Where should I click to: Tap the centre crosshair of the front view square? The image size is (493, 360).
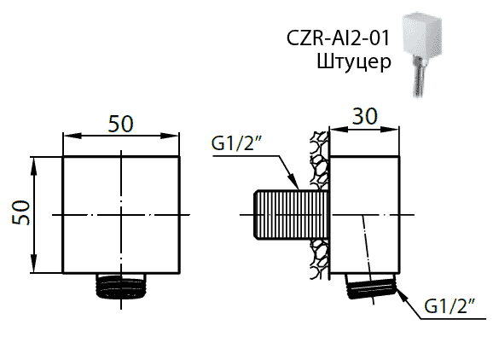[x=123, y=213]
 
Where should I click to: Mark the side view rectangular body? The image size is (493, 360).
[x=364, y=213]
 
